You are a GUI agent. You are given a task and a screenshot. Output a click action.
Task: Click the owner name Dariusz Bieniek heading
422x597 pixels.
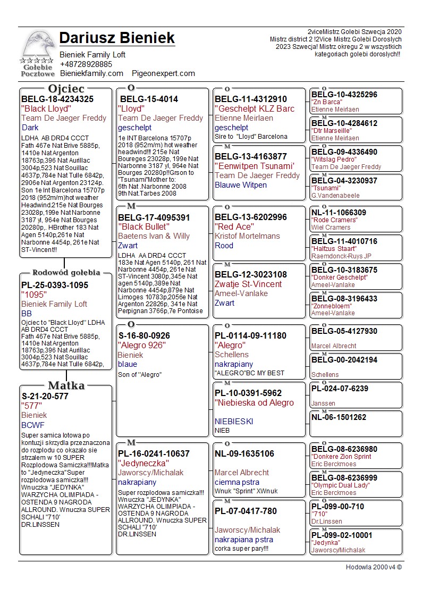(117, 38)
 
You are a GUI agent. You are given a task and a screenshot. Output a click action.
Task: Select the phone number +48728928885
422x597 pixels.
(86, 64)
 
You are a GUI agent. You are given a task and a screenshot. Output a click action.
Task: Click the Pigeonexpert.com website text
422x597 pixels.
(163, 73)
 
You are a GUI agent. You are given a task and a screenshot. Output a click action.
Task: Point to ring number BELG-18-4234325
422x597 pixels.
(57, 99)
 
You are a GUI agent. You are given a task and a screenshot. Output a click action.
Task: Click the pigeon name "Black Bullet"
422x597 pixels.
(144, 226)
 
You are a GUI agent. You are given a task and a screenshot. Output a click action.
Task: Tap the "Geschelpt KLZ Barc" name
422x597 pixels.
(254, 108)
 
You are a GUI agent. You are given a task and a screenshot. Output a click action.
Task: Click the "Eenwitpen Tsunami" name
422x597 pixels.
(254, 166)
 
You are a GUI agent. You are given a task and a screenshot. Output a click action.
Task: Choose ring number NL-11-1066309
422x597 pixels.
(339, 213)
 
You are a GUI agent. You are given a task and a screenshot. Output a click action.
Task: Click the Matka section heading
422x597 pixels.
(66, 385)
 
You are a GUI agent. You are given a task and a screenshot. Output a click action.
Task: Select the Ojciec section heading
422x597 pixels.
(66, 88)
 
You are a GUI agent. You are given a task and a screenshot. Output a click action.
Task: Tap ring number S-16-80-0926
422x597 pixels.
(144, 335)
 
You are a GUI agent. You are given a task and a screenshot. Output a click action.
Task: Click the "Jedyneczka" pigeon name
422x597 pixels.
(143, 463)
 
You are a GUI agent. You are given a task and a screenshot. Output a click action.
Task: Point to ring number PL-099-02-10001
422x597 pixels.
(342, 535)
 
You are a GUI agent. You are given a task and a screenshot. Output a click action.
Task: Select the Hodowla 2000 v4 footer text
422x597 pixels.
(374, 567)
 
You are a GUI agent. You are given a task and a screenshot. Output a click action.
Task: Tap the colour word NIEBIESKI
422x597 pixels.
(234, 421)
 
